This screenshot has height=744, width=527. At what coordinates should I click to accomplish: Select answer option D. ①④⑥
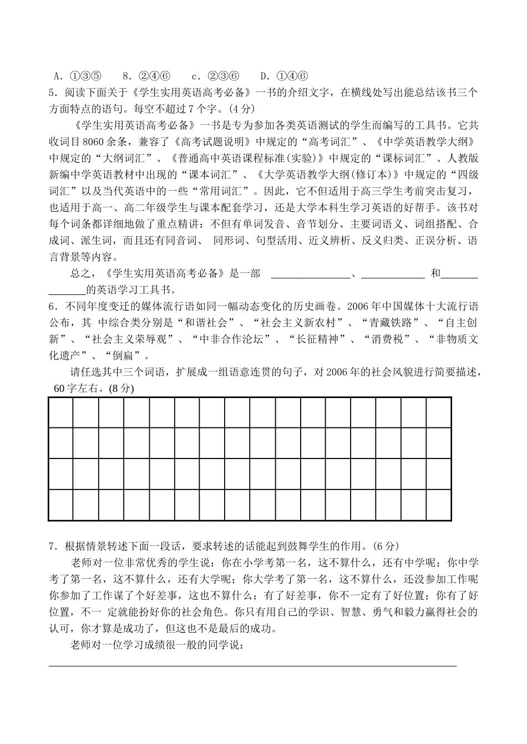click(x=283, y=76)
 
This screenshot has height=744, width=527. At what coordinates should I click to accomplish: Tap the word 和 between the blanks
click(x=435, y=273)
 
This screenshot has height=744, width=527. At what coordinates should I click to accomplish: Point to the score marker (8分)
click(x=121, y=389)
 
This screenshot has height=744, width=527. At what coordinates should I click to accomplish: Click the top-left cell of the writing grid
click(x=61, y=413)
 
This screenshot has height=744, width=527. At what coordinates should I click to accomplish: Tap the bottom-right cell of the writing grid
click(x=438, y=505)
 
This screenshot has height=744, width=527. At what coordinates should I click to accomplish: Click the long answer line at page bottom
click(x=252, y=665)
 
